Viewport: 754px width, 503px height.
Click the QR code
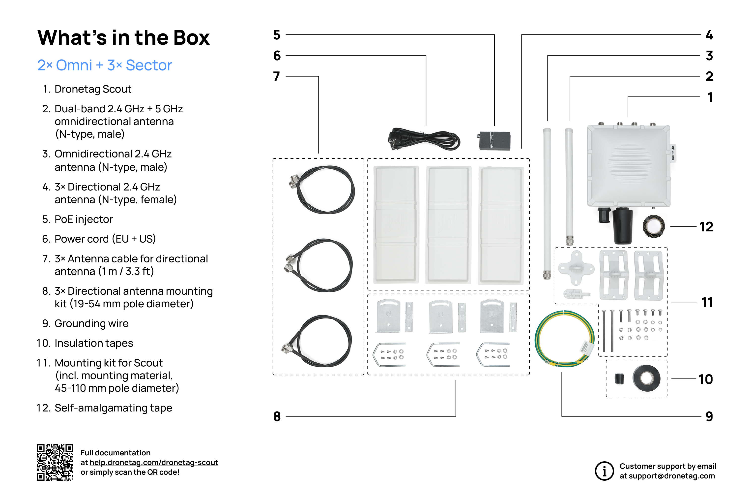point(55,462)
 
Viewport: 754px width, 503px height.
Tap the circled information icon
point(604,471)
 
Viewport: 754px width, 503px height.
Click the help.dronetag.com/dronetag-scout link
point(154,463)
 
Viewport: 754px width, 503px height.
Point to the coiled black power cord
point(424,140)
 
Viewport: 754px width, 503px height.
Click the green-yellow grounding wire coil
point(564,339)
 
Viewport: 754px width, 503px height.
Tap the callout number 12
point(706,227)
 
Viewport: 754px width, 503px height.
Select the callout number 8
point(277,416)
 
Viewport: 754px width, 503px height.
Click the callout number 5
point(277,35)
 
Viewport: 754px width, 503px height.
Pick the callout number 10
point(706,379)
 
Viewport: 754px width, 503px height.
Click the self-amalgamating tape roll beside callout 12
point(654,226)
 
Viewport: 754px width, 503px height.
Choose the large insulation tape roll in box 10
point(646,378)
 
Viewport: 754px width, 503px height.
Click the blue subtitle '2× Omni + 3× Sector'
point(105,65)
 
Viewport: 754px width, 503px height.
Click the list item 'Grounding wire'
point(91,323)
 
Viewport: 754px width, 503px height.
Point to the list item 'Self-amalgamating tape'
point(113,408)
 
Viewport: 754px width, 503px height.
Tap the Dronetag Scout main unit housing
point(628,165)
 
